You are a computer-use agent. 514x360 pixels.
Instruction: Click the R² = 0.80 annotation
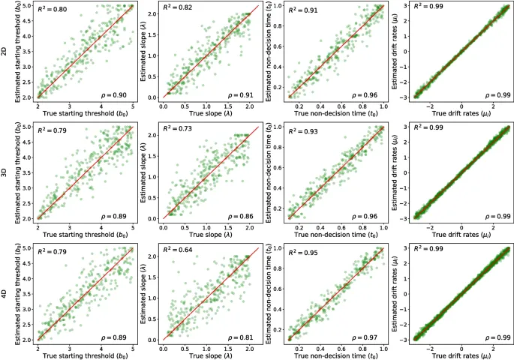pyautogui.click(x=53, y=11)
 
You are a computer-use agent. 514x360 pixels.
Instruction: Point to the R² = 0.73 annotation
pyautogui.click(x=178, y=132)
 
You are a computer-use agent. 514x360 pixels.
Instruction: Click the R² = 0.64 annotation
pyautogui.click(x=178, y=253)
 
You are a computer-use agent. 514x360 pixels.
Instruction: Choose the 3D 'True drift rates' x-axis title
pyautogui.click(x=461, y=232)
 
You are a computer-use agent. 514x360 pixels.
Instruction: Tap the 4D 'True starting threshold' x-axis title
pyautogui.click(x=86, y=352)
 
